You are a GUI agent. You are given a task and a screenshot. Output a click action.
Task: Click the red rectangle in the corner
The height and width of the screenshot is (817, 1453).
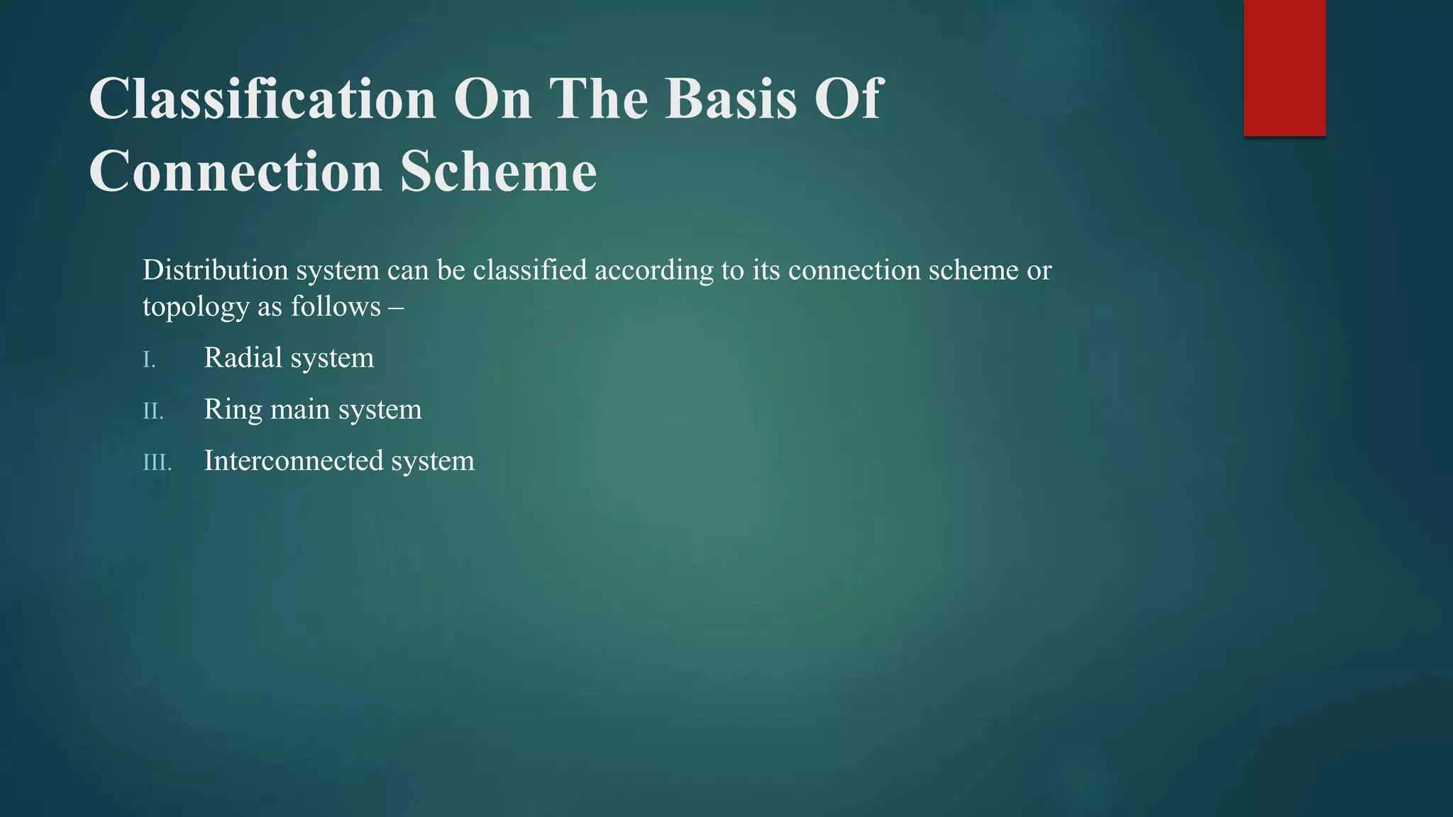coord(1284,68)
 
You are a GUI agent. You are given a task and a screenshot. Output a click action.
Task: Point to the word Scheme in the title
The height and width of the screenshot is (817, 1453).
coord(498,172)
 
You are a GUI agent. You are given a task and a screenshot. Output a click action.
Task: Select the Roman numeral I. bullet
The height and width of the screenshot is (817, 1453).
coord(149,360)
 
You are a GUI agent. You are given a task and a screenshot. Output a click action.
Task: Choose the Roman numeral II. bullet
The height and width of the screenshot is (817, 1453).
coord(153,411)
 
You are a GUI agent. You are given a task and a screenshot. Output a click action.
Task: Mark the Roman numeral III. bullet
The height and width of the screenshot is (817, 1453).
coord(158,463)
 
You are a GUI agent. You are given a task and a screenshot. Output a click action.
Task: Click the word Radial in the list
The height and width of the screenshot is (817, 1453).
coord(243,357)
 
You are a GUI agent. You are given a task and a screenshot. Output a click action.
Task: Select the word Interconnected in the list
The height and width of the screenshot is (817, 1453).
coord(293,461)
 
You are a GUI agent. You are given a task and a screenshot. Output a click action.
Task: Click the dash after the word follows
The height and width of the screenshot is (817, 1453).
coord(396,307)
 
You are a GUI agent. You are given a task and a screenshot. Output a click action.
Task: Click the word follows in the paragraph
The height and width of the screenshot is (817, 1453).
coord(336,307)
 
